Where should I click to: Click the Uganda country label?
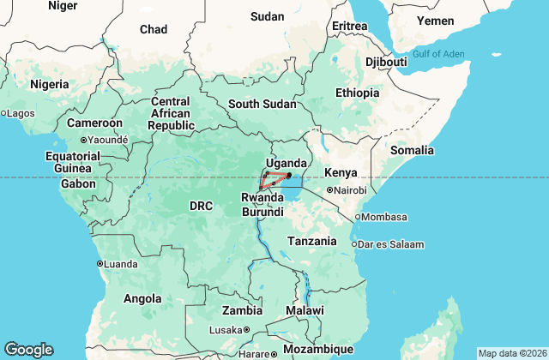(x=286, y=163)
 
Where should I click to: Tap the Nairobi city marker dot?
(x=329, y=190)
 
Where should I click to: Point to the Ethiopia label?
(x=357, y=93)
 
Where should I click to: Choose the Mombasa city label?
(x=383, y=217)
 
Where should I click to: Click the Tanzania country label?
(x=311, y=241)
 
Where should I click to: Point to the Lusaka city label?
(x=226, y=330)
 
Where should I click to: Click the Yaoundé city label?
(x=107, y=140)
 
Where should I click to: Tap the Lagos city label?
(x=21, y=113)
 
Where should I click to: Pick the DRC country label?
(x=201, y=206)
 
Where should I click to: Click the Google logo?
(x=28, y=349)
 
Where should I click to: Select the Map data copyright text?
(x=511, y=353)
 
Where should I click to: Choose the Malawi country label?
(x=305, y=309)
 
